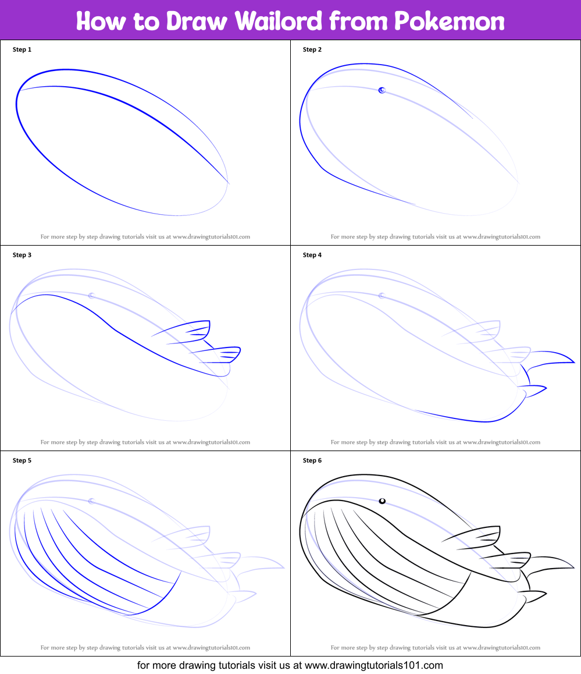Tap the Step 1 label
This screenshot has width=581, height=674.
22,49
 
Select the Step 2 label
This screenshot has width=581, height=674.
312,49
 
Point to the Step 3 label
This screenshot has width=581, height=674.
22,255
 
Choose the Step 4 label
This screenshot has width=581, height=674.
312,255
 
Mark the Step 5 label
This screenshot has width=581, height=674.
22,460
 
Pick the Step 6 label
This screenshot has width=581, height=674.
312,460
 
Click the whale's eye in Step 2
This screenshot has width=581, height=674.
382,90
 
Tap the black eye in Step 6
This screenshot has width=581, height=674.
382,501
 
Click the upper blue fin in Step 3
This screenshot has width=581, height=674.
192,331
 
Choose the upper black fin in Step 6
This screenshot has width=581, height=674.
483,537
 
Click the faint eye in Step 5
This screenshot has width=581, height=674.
91,501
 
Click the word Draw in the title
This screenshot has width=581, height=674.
198,21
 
